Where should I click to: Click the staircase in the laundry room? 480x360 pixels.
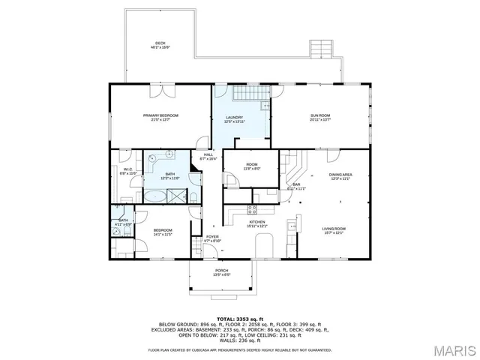pos(244,94)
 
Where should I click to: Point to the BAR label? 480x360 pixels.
pos(296,186)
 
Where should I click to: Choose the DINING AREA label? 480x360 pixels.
pos(340,177)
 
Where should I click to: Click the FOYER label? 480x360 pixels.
pos(212,238)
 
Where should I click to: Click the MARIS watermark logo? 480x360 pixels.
pos(452,349)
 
